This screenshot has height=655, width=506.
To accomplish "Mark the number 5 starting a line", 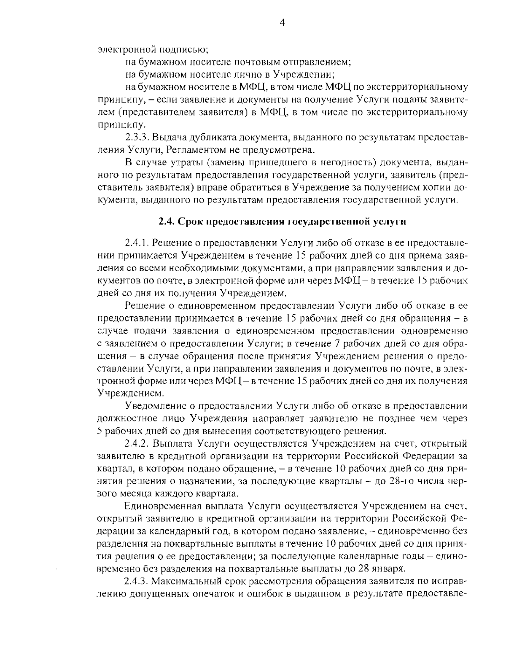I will (100, 431).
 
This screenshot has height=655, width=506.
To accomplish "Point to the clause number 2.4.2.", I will (137, 444).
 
